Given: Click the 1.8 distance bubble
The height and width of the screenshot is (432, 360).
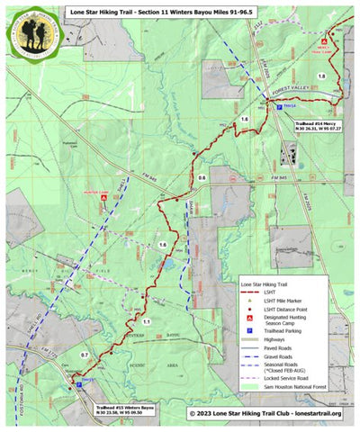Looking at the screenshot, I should tap(321, 77).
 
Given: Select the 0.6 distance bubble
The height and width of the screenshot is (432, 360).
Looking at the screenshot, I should tap(202, 178).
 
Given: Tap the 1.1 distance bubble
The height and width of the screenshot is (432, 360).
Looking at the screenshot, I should tap(145, 320).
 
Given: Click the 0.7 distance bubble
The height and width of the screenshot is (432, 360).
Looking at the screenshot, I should tap(85, 355).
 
